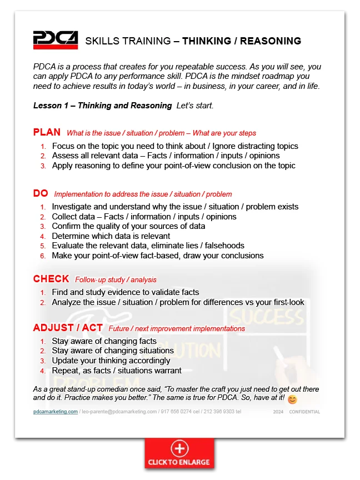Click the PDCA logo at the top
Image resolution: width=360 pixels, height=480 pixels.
pyautogui.click(x=55, y=40)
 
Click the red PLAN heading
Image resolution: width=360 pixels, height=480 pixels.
pyautogui.click(x=47, y=132)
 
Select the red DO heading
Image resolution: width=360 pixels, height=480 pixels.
pyautogui.click(x=41, y=193)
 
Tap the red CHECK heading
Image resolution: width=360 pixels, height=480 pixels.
pyautogui.click(x=51, y=279)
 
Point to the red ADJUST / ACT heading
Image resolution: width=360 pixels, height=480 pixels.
pyautogui.click(x=68, y=328)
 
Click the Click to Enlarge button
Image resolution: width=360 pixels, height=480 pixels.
pyautogui.click(x=179, y=453)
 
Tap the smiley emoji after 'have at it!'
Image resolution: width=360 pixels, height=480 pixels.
pyautogui.click(x=293, y=399)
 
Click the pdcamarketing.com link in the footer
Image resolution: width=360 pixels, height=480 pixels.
pyautogui.click(x=55, y=412)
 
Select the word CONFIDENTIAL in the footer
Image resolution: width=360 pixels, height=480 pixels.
pyautogui.click(x=304, y=412)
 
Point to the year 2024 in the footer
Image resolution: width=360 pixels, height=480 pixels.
pyautogui.click(x=278, y=412)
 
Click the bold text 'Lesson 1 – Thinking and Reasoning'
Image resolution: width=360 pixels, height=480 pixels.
pyautogui.click(x=103, y=106)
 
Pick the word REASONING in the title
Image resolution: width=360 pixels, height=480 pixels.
pyautogui.click(x=271, y=41)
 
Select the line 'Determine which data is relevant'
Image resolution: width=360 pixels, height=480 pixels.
pyautogui.click(x=111, y=236)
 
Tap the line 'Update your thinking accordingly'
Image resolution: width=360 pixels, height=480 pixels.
pyautogui.click(x=111, y=361)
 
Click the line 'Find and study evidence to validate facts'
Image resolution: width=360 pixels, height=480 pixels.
pyautogui.click(x=126, y=292)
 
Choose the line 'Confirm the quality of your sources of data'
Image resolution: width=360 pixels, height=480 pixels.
pyautogui.click(x=128, y=226)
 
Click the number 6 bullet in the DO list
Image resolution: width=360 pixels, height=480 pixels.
pyautogui.click(x=43, y=256)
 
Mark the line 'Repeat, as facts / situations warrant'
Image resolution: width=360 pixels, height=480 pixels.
pyautogui.click(x=117, y=370)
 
